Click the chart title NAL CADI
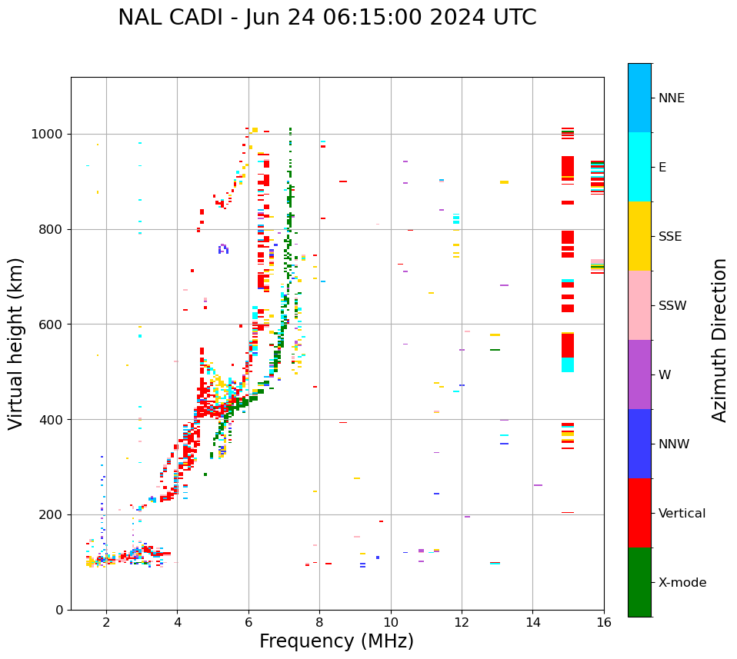327,18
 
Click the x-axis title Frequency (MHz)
336,641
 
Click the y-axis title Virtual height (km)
16,344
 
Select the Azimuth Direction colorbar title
719,340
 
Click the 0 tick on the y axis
59,610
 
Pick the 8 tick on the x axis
319,622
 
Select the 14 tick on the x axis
532,622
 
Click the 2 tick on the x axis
106,622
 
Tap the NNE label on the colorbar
671,98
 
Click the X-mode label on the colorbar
682,583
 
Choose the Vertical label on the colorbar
682,514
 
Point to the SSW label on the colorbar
672,306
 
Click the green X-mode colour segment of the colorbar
639,582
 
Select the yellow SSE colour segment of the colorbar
639,236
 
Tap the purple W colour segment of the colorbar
639,374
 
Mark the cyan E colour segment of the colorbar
639,167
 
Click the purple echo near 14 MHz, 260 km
538,485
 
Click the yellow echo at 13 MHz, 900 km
504,182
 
